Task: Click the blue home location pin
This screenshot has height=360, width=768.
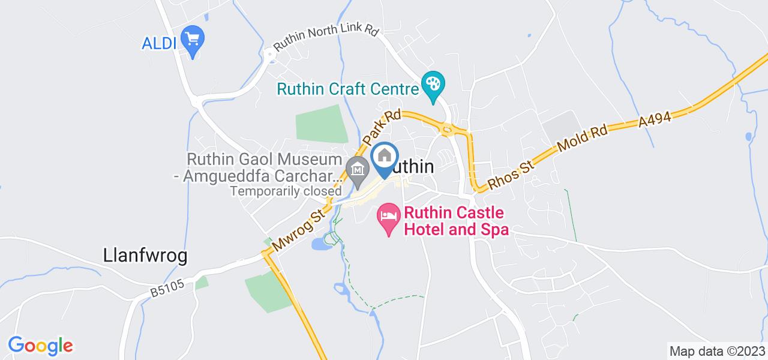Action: [x=385, y=157]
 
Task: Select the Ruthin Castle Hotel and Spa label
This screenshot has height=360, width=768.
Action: [x=456, y=221]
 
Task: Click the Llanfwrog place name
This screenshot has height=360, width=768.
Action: [x=142, y=256]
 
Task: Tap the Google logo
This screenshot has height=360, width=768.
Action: [x=40, y=346]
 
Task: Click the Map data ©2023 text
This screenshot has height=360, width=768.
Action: [x=717, y=351]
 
